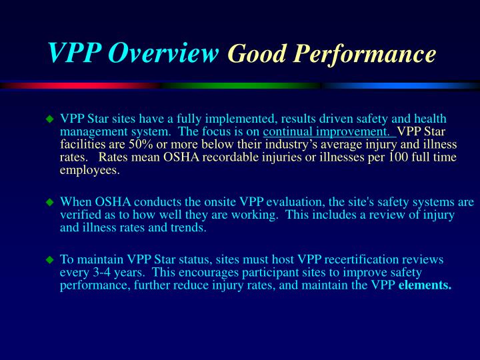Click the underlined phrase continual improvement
pyautogui.click(x=329, y=131)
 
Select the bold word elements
pyautogui.click(x=425, y=286)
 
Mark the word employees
pyautogui.click(x=89, y=170)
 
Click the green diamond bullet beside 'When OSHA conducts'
pyautogui.click(x=49, y=201)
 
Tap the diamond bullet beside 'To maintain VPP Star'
pyautogui.click(x=49, y=259)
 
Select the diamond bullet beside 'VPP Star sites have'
pyautogui.click(x=49, y=119)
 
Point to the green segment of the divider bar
pyautogui.click(x=240, y=85)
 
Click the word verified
pyautogui.click(x=81, y=215)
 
